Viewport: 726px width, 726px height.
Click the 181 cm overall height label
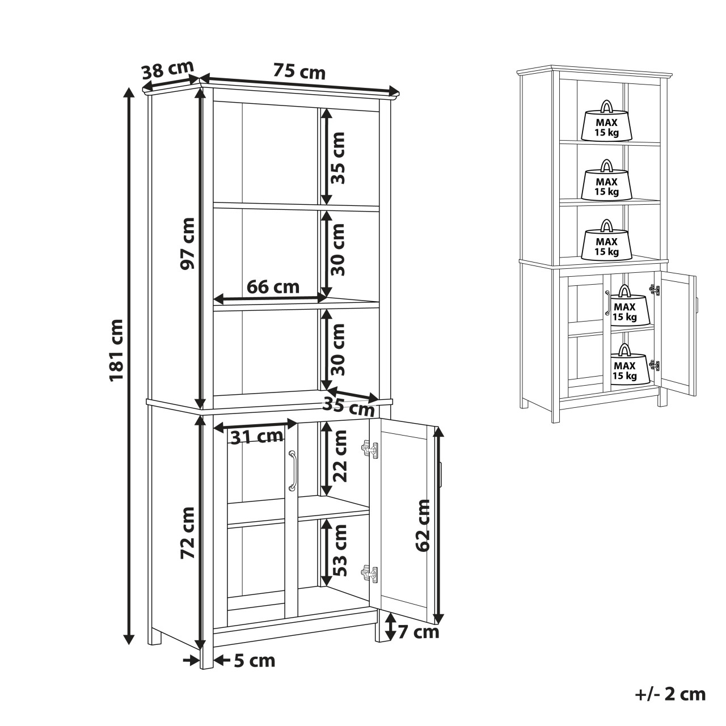click(x=116, y=350)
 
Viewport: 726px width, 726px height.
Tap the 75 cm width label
click(x=299, y=71)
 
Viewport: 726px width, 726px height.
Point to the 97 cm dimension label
click(x=187, y=243)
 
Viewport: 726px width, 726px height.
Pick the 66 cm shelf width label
click(x=273, y=287)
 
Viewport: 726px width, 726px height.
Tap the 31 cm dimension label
click(x=256, y=437)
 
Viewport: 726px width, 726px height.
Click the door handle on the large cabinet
click(x=292, y=471)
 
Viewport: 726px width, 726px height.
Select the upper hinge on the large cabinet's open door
click(x=370, y=449)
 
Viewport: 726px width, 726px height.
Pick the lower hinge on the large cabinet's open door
click(x=370, y=574)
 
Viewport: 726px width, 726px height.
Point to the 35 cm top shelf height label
click(x=338, y=158)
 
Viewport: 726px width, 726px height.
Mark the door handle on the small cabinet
click(x=607, y=302)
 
